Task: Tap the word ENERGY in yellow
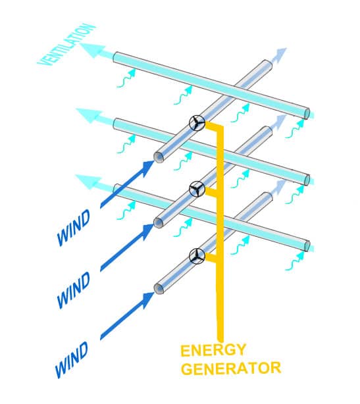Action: (x=213, y=350)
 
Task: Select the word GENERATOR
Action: (x=231, y=368)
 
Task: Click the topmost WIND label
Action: (x=74, y=227)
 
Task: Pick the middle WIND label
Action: (x=74, y=290)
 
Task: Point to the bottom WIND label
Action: (x=72, y=360)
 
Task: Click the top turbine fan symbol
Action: (x=197, y=123)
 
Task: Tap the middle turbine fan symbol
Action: (x=197, y=189)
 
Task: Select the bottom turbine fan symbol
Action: (x=197, y=256)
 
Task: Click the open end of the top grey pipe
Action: (x=159, y=157)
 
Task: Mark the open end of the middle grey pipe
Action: (x=159, y=222)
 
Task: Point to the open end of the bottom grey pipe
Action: (x=159, y=289)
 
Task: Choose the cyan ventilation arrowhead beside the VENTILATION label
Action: (x=92, y=50)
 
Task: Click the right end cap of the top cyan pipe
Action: (x=307, y=113)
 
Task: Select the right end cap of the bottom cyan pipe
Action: (x=307, y=246)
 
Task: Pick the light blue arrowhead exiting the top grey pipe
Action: (x=280, y=53)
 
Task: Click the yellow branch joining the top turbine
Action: (x=214, y=126)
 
